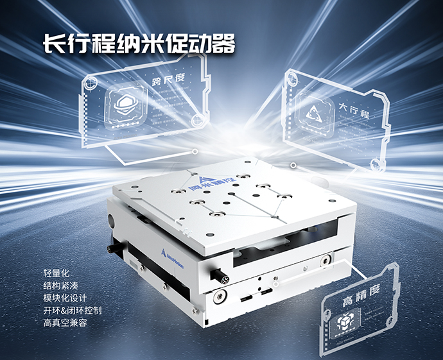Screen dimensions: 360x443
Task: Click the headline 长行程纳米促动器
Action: tap(139, 44)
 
